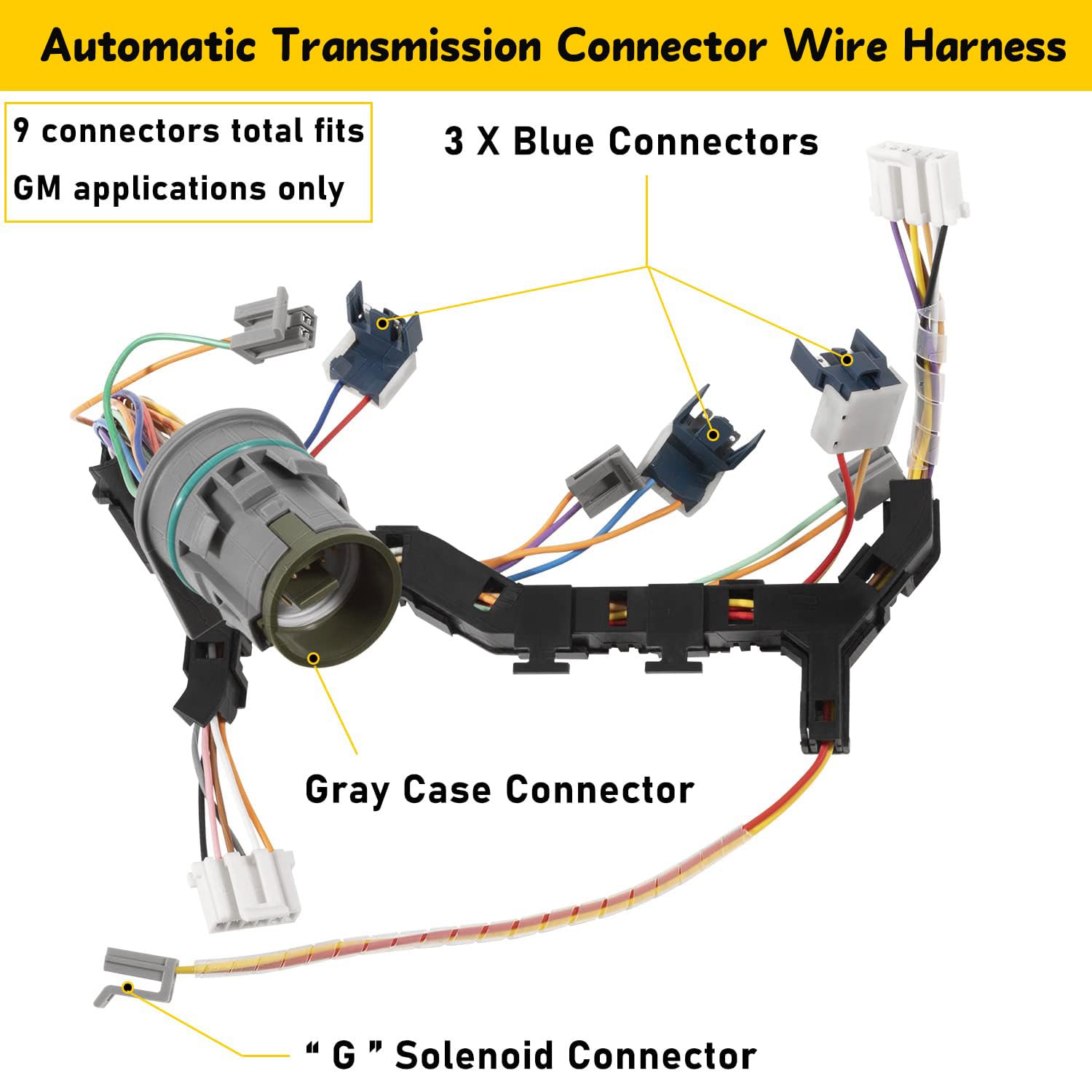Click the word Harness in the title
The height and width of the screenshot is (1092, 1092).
pyautogui.click(x=984, y=47)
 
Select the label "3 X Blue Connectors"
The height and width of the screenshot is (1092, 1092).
pyautogui.click(x=631, y=141)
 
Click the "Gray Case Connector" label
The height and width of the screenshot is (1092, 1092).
pyautogui.click(x=499, y=790)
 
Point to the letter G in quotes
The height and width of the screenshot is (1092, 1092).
pyautogui.click(x=344, y=1055)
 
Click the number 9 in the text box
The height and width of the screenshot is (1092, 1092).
pyautogui.click(x=22, y=131)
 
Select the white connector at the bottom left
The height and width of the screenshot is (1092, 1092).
pyautogui.click(x=245, y=890)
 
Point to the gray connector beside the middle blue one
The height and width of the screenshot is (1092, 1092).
pyautogui.click(x=601, y=477)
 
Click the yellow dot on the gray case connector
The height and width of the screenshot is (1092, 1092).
pyautogui.click(x=314, y=658)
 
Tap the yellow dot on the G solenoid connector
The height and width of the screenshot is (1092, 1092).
pyautogui.click(x=128, y=987)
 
